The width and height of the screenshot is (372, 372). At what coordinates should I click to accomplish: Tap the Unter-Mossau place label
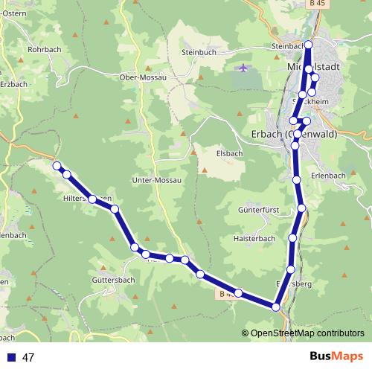(156, 181)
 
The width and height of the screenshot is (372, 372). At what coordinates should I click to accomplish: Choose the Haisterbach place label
(254, 239)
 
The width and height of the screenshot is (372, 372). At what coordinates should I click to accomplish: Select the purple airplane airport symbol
(243, 68)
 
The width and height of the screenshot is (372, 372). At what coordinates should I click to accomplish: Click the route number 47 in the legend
(29, 358)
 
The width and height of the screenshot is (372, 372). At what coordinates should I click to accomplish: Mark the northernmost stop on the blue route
(308, 45)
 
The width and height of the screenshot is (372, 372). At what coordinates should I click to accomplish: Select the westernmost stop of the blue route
(56, 166)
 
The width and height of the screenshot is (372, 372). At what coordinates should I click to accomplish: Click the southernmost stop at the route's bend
(276, 307)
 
